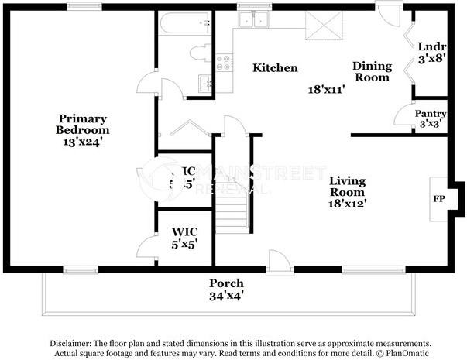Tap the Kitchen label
pos(275,68)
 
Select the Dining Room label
pos(373,71)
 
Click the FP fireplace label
pos(438,197)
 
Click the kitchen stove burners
pos(225,63)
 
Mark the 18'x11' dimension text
pos(326,88)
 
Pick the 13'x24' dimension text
pos(82,141)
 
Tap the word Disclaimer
pos(71,343)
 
